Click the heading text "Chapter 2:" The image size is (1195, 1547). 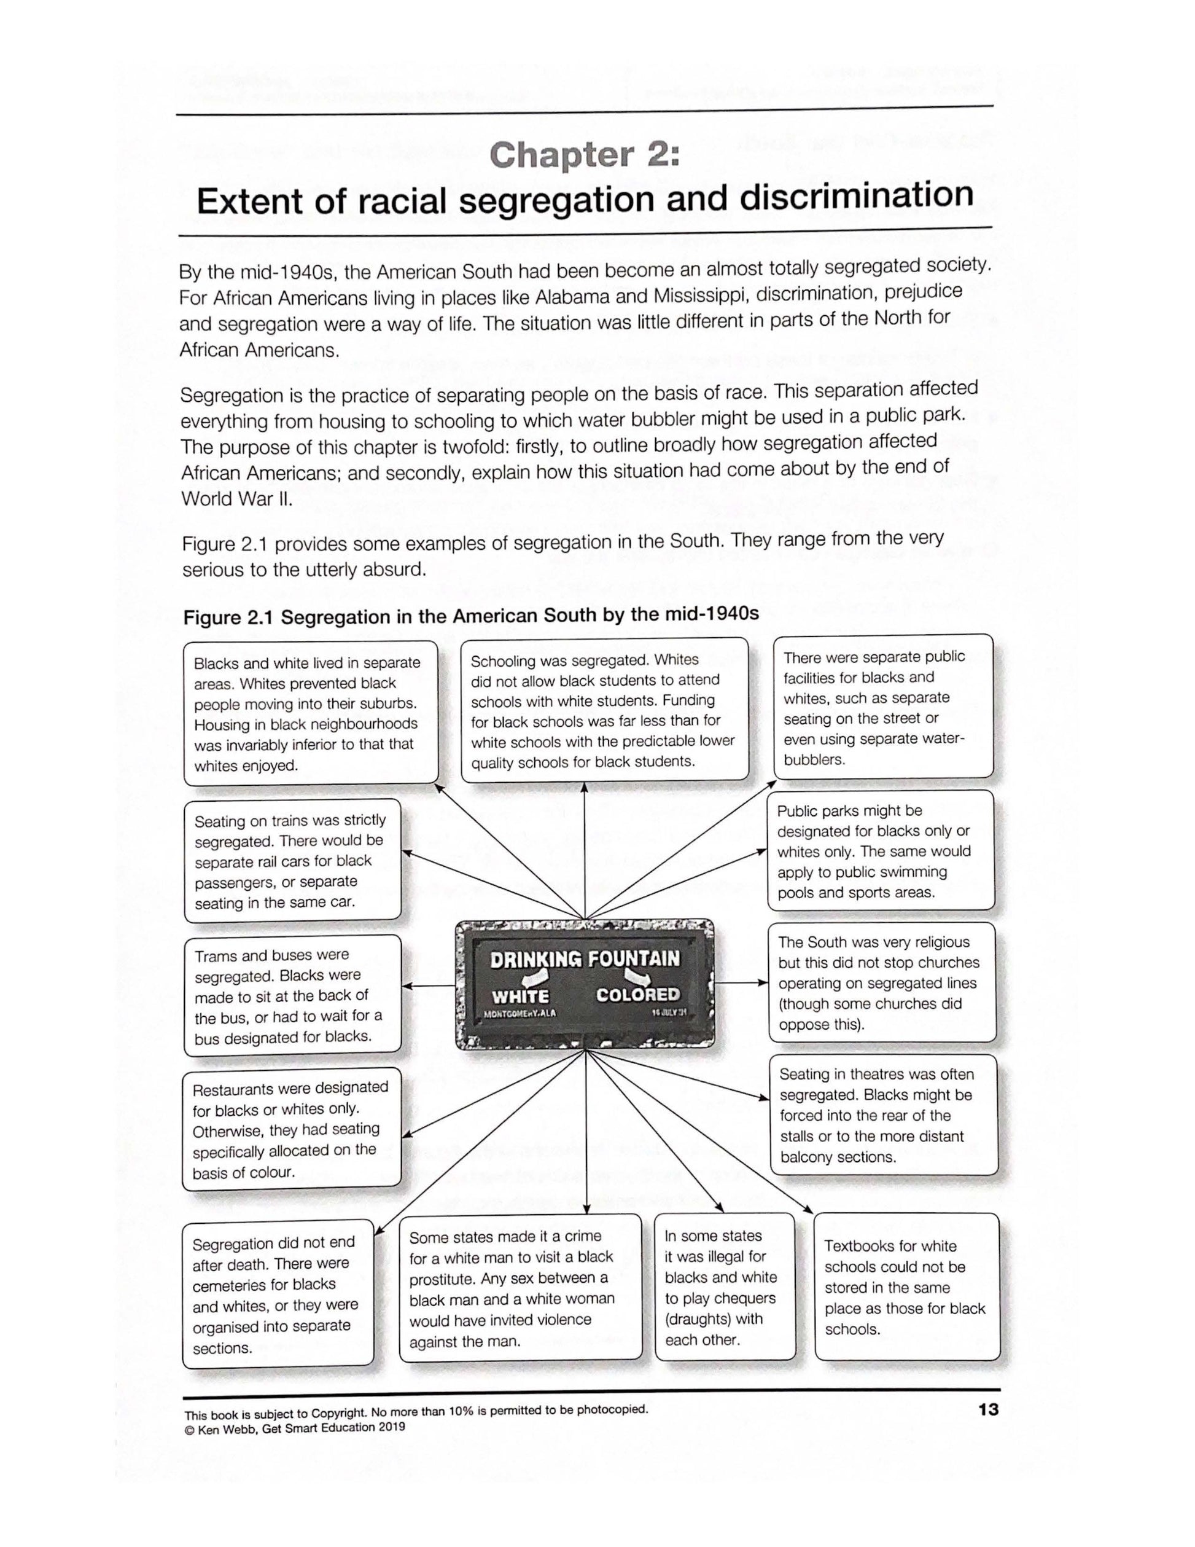pos(585,155)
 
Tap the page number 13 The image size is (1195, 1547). pos(988,1409)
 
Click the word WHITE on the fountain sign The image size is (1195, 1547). pos(520,997)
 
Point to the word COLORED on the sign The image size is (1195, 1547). pos(637,995)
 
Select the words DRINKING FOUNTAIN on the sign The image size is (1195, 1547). pos(585,959)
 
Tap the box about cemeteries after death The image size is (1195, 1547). pos(278,1293)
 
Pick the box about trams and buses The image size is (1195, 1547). pos(292,995)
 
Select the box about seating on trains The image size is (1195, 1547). pos(292,861)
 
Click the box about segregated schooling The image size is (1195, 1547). pos(604,710)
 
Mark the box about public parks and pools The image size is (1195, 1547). pos(880,850)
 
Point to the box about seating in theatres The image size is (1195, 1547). pos(883,1115)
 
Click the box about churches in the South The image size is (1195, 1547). pos(881,982)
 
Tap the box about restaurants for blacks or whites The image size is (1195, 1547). pos(291,1129)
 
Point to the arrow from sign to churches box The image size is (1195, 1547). pos(741,982)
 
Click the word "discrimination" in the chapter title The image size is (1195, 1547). pos(857,196)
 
